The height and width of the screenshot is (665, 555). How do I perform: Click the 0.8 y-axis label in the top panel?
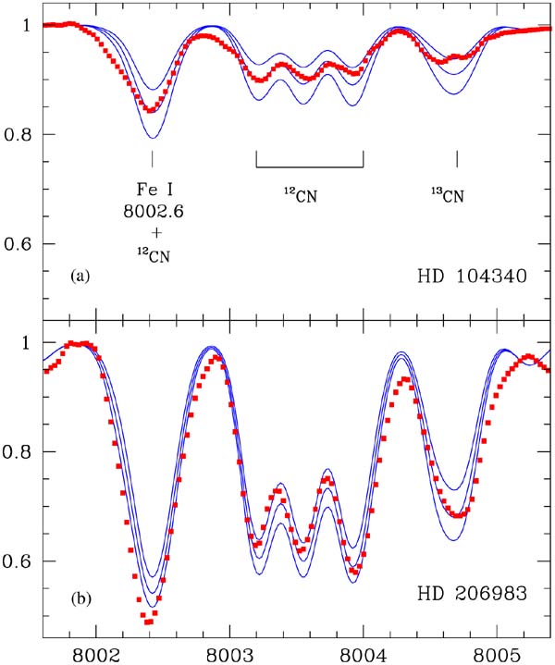click(18, 135)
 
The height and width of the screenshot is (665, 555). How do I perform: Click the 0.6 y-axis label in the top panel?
click(18, 245)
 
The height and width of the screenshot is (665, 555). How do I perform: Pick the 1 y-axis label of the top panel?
click(26, 25)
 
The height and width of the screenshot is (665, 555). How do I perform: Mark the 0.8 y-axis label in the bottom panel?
click(18, 452)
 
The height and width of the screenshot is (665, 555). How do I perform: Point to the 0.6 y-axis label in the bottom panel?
click(18, 562)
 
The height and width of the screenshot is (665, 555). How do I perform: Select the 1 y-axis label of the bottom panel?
click(26, 342)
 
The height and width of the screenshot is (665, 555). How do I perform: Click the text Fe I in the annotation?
click(153, 191)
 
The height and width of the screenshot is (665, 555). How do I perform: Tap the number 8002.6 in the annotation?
click(153, 212)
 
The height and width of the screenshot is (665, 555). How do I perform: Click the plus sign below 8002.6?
click(153, 233)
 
